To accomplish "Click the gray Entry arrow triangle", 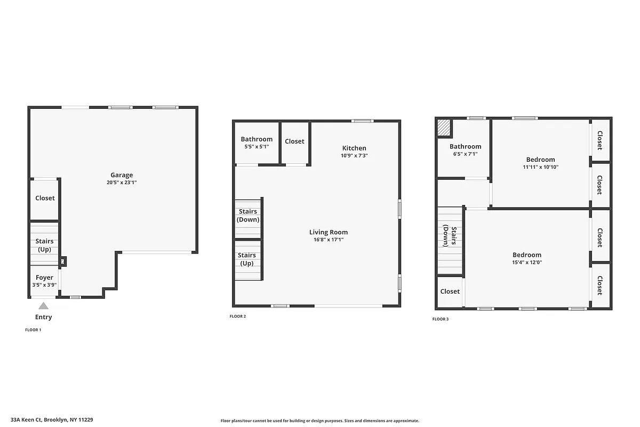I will [x=43, y=306].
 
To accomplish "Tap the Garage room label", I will [x=122, y=175].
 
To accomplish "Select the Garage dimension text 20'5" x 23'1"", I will [x=122, y=183].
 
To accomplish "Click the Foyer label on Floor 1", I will [x=44, y=278].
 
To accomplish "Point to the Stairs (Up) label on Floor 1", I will [x=44, y=245].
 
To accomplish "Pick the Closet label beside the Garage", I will [x=45, y=198].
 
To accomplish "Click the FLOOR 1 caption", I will [x=33, y=330].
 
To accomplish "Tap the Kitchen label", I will [x=354, y=148].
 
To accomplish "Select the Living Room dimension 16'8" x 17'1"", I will [x=329, y=240].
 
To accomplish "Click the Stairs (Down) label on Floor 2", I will [x=247, y=216].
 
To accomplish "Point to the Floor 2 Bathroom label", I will [x=257, y=139].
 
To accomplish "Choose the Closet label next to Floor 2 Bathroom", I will [x=294, y=141].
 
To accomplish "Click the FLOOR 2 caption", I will [x=237, y=317].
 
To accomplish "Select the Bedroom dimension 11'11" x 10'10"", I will [x=540, y=167].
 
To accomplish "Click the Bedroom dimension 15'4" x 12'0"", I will [x=527, y=263].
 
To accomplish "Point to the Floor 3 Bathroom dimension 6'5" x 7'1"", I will [x=465, y=154].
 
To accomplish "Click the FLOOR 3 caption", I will [x=440, y=319].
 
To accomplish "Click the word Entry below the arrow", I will [x=43, y=317].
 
